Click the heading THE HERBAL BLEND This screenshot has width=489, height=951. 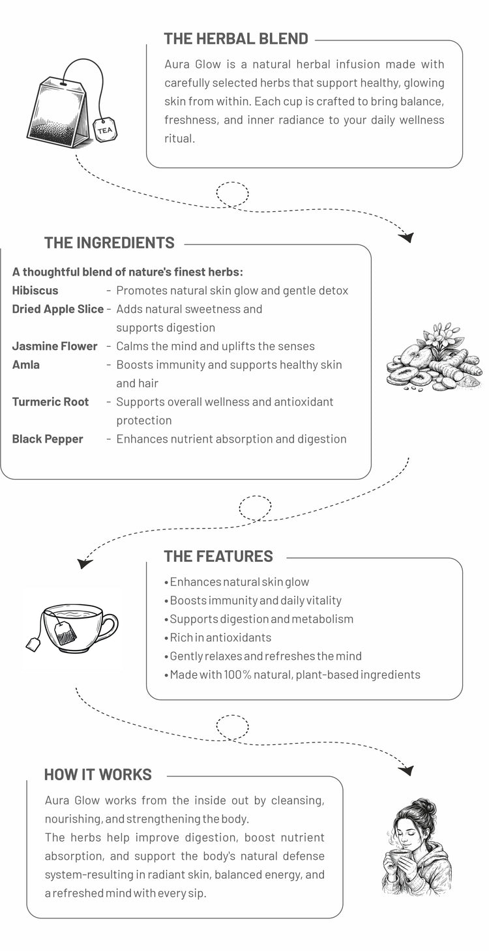(235, 38)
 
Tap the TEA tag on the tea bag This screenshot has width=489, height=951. (104, 130)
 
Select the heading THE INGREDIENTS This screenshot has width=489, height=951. (109, 243)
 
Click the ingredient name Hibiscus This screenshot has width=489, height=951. (35, 291)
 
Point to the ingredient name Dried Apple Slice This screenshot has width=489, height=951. (58, 309)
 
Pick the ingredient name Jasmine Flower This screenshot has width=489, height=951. (55, 346)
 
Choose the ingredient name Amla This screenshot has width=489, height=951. (26, 364)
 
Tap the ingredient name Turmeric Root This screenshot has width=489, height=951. (50, 402)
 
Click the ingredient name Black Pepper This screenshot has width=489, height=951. (48, 439)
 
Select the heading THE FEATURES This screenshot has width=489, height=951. (218, 557)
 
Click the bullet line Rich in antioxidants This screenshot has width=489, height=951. (220, 637)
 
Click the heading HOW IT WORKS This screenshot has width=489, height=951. (98, 774)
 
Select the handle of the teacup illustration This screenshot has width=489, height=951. (109, 628)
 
